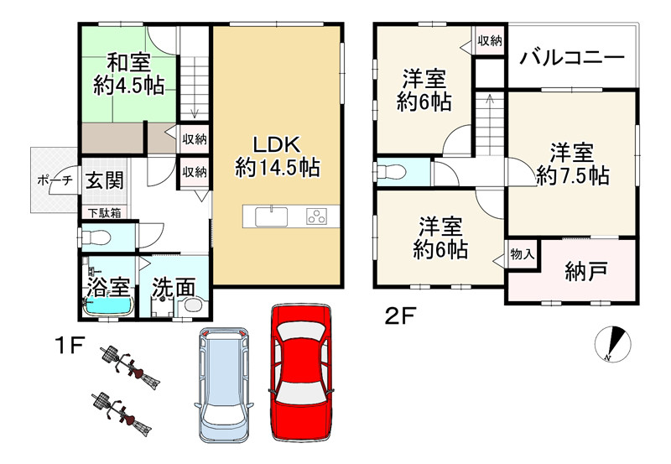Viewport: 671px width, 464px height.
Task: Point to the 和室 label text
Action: click(127, 62)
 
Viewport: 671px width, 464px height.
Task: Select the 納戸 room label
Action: click(586, 272)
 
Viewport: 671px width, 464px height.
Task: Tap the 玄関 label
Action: click(105, 180)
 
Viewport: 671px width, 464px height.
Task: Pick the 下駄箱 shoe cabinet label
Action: click(104, 213)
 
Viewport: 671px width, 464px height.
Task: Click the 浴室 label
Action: click(107, 286)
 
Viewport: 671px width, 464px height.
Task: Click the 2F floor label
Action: click(402, 316)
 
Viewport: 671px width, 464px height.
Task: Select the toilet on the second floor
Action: click(393, 171)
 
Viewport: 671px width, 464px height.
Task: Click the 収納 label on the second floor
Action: click(490, 41)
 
